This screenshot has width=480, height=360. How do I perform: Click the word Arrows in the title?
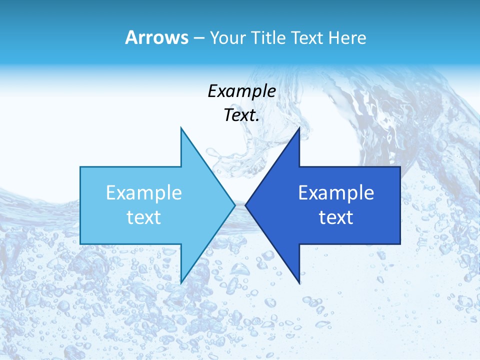click(156, 38)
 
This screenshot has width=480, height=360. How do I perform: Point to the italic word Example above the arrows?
click(241, 91)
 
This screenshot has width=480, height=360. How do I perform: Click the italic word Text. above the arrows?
click(241, 115)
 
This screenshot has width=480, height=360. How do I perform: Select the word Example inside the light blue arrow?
click(144, 193)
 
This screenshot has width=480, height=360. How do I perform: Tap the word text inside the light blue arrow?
click(144, 217)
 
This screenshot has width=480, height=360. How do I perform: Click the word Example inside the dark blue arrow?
click(336, 193)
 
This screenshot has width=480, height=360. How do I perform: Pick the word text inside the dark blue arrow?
click(336, 217)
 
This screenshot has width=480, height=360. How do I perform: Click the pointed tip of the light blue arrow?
click(234, 205)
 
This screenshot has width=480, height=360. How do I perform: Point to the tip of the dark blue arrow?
click(246, 205)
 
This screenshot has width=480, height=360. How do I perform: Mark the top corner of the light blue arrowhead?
click(181, 128)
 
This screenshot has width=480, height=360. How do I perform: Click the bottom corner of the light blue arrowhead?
click(181, 282)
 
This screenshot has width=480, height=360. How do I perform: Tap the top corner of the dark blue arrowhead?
click(299, 128)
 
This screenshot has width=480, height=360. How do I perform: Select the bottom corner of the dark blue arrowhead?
click(299, 282)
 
